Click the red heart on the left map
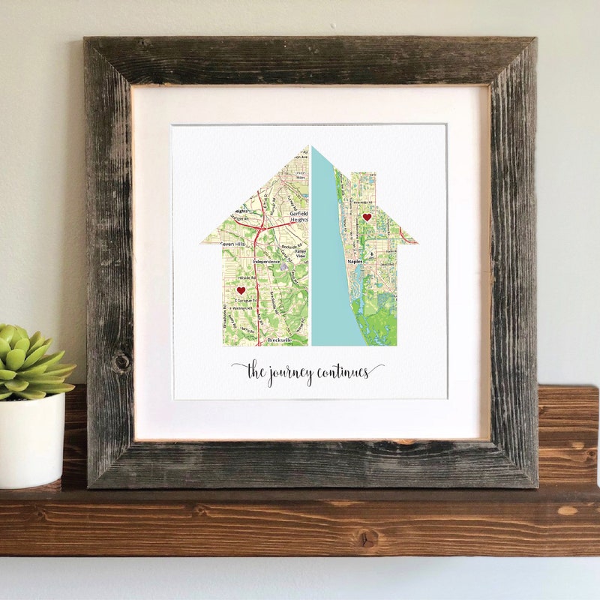[x=241, y=290]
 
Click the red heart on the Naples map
[x=367, y=217]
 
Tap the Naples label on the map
[x=355, y=261]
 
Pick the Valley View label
[x=300, y=254]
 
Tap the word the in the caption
[x=256, y=370]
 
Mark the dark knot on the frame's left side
[x=121, y=363]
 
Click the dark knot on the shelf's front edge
[x=367, y=538]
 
